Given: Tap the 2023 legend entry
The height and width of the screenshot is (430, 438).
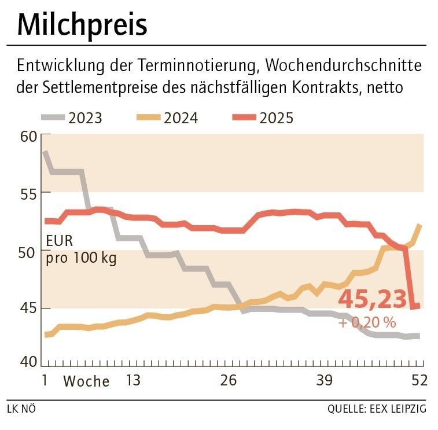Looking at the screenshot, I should coord(72,118).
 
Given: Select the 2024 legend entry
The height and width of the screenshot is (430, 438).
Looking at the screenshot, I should coord(167,118).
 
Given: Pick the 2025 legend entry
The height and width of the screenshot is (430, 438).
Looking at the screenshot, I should coord(263,118).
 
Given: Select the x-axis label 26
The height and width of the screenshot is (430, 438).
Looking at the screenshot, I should coord(229,381).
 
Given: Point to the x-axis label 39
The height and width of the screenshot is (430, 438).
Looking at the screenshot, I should coord(325,381).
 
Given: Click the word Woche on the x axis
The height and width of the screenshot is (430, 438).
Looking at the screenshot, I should coord(86,381).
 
